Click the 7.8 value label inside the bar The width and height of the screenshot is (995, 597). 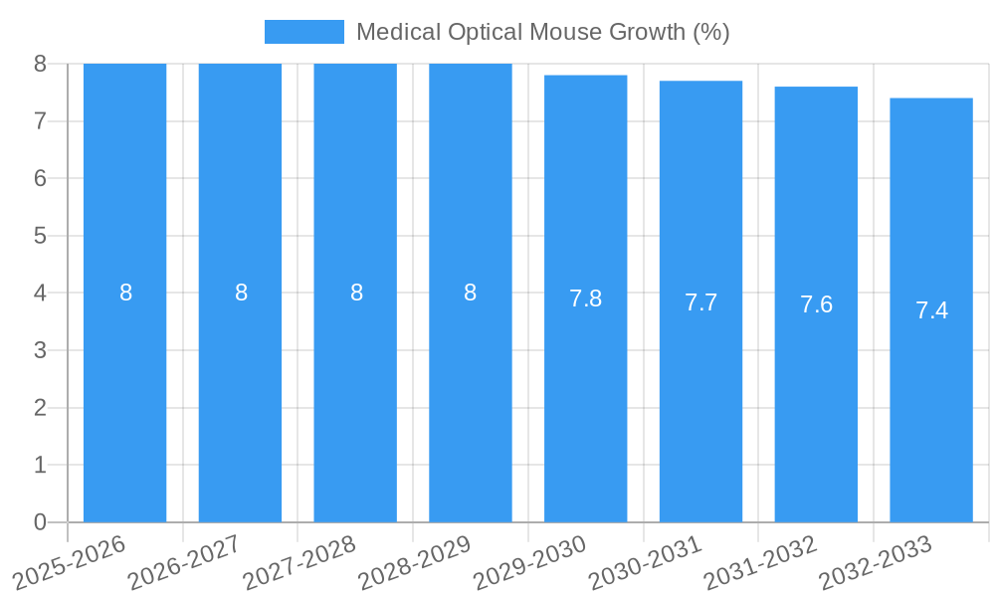coord(585,298)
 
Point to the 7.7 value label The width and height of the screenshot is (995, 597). coord(700,302)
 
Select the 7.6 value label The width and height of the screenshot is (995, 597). coord(816,305)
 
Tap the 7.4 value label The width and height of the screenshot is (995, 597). coord(931,310)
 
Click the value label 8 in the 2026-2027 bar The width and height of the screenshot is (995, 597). coord(241,293)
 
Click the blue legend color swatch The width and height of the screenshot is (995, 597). coord(303,32)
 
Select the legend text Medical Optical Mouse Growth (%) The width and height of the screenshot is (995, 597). coord(542,32)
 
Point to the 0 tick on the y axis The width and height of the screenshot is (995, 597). coord(40,522)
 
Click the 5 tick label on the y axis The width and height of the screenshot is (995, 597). coord(40,236)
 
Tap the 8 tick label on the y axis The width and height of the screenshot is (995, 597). coord(40,64)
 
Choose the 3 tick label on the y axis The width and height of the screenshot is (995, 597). coord(40,350)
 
